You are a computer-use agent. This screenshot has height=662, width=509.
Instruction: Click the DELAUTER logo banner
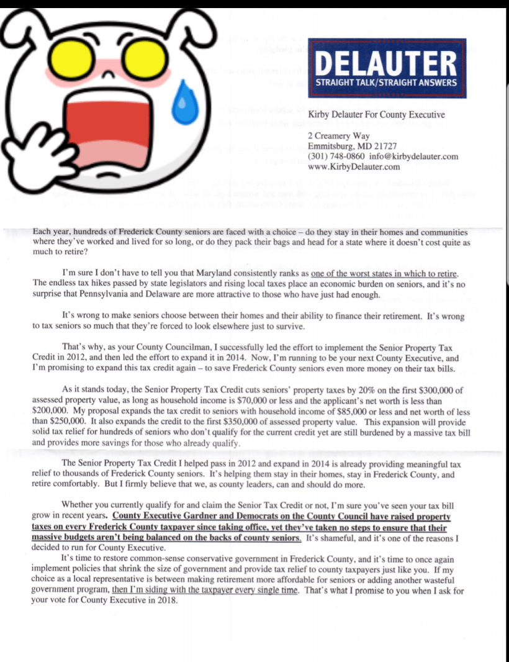(388, 68)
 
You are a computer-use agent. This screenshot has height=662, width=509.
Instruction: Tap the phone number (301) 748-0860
(335, 156)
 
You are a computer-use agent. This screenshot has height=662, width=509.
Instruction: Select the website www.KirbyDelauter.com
(354, 166)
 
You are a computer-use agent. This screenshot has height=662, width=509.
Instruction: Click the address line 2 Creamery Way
(339, 136)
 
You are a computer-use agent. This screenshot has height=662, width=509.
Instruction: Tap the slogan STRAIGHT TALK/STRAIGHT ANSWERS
(386, 82)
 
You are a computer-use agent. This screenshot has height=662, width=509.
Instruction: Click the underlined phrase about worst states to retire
(384, 273)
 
